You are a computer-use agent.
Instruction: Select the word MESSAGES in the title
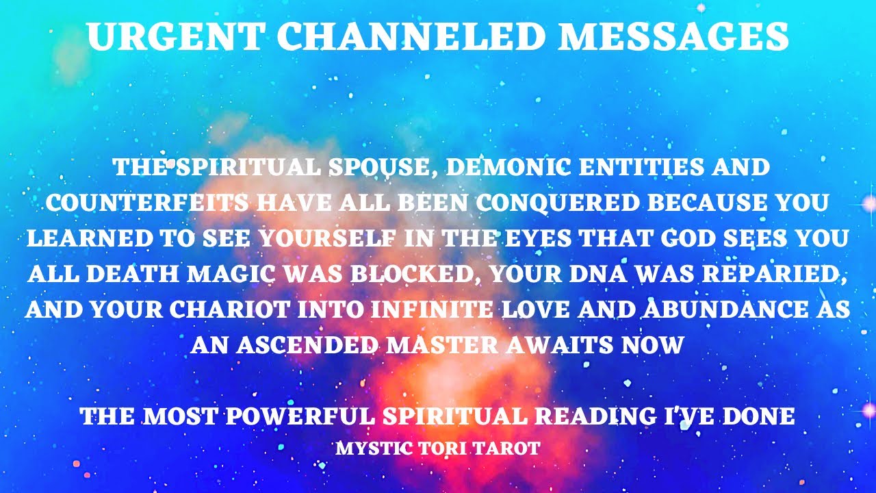click(x=673, y=38)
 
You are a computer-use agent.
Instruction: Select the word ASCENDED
click(x=302, y=344)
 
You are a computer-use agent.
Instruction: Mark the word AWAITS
click(x=558, y=344)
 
